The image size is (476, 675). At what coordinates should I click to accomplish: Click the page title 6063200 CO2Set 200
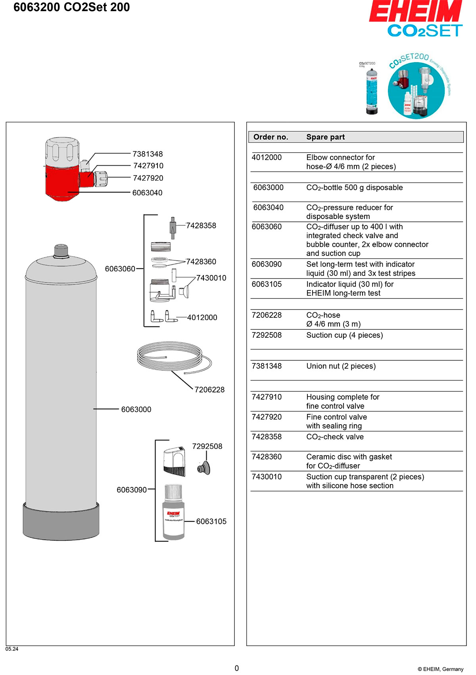(71, 7)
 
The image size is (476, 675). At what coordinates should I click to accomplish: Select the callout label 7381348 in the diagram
(148, 154)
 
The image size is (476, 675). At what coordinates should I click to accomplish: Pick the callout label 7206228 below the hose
(209, 390)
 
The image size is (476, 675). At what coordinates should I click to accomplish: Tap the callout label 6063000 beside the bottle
(136, 410)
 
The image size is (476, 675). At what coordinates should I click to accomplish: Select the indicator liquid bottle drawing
(173, 514)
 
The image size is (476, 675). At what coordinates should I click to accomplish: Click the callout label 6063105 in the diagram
(211, 521)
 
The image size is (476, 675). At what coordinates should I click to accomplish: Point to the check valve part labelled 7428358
(173, 228)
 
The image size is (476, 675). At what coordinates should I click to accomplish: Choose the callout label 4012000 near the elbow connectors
(202, 317)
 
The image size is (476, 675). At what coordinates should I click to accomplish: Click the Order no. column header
(271, 137)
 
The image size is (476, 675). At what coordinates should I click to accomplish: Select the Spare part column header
(326, 137)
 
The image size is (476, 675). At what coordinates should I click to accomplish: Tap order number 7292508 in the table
(267, 335)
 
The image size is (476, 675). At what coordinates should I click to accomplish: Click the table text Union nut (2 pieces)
(341, 366)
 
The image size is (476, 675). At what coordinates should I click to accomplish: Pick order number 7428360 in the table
(267, 457)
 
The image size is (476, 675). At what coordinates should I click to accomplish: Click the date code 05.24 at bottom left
(12, 649)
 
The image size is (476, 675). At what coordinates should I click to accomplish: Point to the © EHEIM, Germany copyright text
(440, 669)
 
